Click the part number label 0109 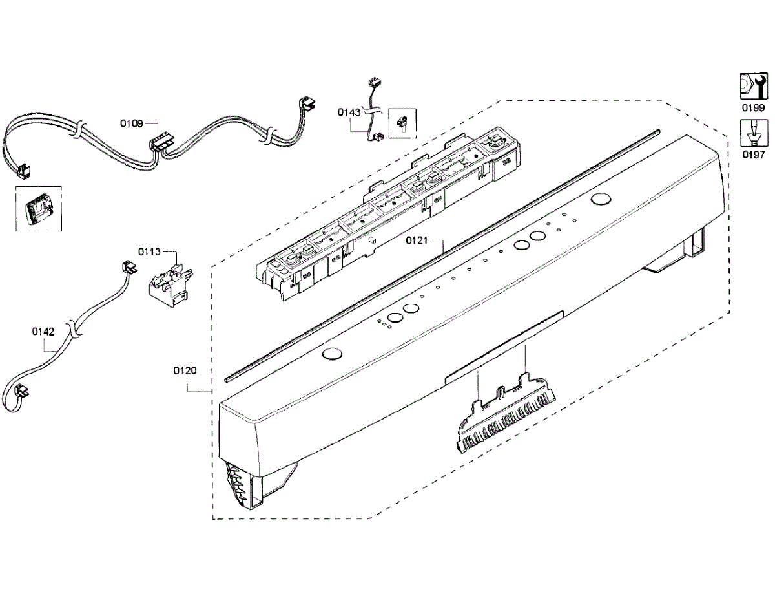[132, 123]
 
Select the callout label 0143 [349, 112]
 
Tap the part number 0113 [149, 251]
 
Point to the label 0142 [43, 331]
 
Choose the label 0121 [417, 240]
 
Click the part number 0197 [753, 155]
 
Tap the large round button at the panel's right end [601, 199]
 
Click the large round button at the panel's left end [332, 353]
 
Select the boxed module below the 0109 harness [37, 210]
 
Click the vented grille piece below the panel [506, 418]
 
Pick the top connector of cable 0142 [130, 266]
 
